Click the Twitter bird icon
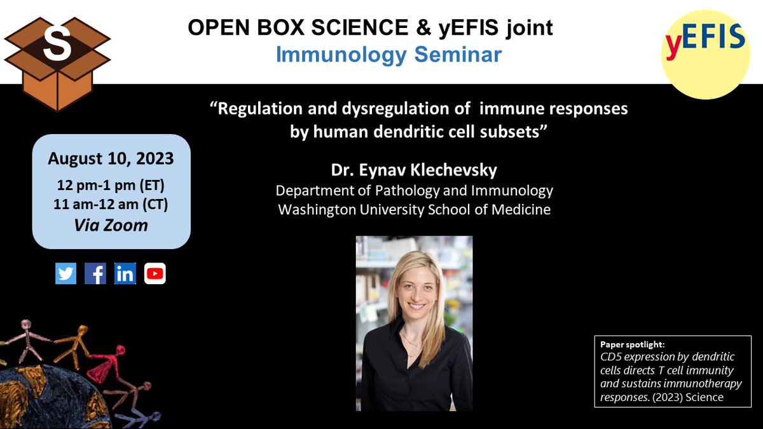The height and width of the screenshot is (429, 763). (65, 273)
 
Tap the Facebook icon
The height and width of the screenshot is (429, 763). (95, 273)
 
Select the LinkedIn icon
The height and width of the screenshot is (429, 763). (125, 273)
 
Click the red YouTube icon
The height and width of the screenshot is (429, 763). (155, 273)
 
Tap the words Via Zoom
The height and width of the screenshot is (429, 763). (112, 224)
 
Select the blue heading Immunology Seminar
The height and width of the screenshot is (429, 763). (388, 55)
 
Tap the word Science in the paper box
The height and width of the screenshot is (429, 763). (702, 398)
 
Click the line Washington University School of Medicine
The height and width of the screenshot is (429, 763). (414, 209)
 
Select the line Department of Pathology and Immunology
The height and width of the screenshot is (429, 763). (414, 190)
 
